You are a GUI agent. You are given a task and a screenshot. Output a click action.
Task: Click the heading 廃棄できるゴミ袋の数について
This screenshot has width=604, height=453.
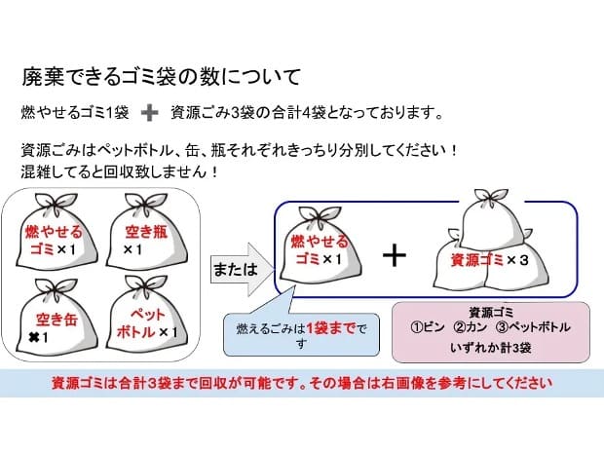pyautogui.click(x=161, y=77)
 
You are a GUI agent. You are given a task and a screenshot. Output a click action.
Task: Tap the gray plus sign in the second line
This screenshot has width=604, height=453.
pyautogui.click(x=149, y=113)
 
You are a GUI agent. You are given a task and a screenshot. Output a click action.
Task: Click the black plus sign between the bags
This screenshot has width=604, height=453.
pyautogui.click(x=395, y=256)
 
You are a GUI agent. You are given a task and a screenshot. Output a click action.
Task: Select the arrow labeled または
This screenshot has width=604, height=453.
pyautogui.click(x=243, y=269)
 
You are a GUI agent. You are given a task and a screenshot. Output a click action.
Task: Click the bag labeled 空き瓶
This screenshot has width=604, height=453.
pyautogui.click(x=146, y=235)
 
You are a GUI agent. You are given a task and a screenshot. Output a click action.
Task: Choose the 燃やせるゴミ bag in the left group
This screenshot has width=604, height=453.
pyautogui.click(x=57, y=234)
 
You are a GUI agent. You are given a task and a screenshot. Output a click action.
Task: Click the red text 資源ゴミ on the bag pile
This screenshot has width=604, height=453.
pyautogui.click(x=477, y=260)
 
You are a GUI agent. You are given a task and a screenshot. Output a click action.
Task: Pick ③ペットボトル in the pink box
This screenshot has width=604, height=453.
pyautogui.click(x=532, y=327)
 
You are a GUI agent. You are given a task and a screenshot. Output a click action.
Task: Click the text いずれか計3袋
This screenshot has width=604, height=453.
pyautogui.click(x=491, y=348)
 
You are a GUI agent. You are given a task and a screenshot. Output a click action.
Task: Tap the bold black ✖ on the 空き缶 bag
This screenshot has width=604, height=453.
pyautogui.click(x=34, y=338)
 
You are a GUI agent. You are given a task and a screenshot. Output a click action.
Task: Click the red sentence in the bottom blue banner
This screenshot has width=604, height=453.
pyautogui.click(x=302, y=383)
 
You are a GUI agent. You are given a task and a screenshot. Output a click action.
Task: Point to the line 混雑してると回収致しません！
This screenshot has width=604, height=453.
pyautogui.click(x=120, y=171)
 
